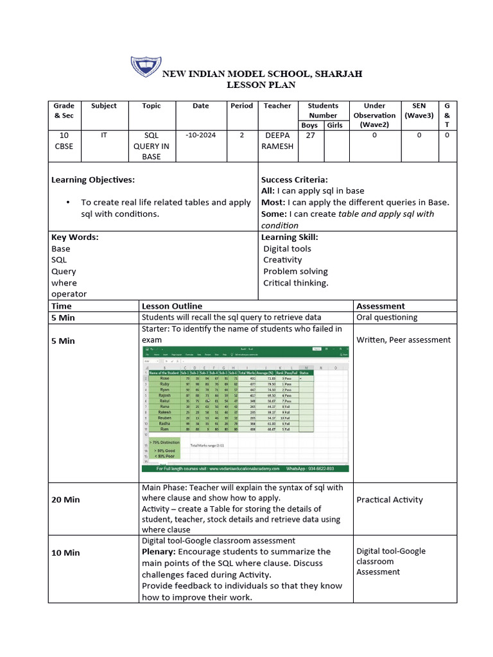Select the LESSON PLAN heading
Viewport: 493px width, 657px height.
click(x=261, y=85)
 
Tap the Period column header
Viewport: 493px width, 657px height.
click(x=241, y=106)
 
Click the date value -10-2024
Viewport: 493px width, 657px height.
click(x=201, y=135)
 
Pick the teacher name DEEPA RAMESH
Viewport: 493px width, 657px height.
click(x=277, y=141)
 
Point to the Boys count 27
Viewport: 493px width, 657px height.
click(x=311, y=135)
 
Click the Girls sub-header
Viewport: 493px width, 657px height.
click(x=334, y=125)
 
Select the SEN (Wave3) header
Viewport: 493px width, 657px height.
click(x=419, y=110)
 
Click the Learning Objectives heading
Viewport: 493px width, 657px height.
click(x=93, y=180)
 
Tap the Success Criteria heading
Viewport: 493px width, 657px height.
click(x=294, y=180)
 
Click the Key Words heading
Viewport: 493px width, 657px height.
click(x=74, y=237)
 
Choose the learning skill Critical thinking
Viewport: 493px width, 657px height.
click(x=295, y=283)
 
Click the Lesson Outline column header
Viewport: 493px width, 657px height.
click(x=171, y=306)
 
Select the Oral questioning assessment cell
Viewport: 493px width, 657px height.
click(x=386, y=317)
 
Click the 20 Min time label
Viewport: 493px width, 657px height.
click(x=67, y=500)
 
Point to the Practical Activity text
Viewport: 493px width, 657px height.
click(x=390, y=500)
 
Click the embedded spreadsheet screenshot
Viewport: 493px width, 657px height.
click(x=245, y=409)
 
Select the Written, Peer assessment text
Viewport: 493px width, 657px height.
click(x=403, y=340)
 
